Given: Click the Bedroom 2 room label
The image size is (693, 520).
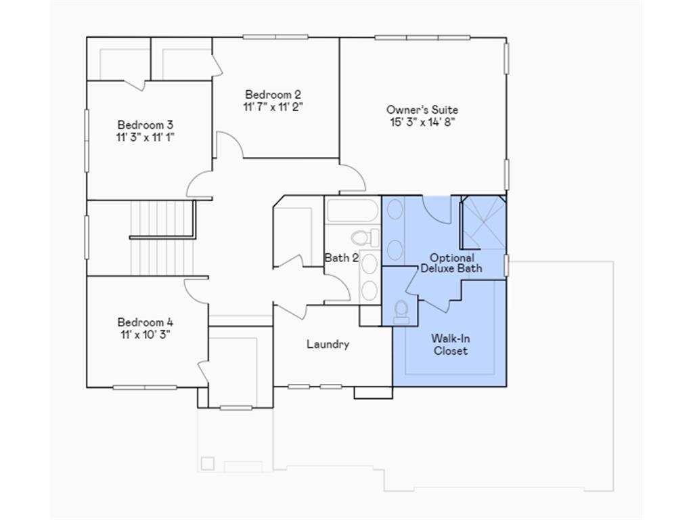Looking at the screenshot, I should (x=273, y=95).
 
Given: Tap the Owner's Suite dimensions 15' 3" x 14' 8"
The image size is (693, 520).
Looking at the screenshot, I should (x=422, y=122).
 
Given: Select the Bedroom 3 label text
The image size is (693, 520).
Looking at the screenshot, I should (x=145, y=125).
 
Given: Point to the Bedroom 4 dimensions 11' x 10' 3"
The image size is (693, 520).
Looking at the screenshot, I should (x=145, y=334).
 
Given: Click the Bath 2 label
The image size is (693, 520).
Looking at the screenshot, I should (x=341, y=257).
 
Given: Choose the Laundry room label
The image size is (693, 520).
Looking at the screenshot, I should (x=328, y=344).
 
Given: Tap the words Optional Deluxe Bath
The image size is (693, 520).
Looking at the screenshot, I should (x=451, y=263).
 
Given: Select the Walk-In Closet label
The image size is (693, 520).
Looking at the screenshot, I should (x=451, y=345).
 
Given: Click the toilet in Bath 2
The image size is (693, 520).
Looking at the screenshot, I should (x=364, y=238).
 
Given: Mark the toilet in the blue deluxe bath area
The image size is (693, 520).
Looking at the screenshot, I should (x=401, y=311).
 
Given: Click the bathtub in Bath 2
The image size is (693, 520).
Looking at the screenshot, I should (x=352, y=211).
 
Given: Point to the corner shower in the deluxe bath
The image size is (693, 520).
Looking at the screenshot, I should (x=483, y=222).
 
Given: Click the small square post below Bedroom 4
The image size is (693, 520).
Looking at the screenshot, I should (x=208, y=464).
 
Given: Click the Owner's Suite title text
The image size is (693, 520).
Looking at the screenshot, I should (x=422, y=110).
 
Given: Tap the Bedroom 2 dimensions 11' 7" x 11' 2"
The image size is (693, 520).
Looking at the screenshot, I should (x=273, y=106).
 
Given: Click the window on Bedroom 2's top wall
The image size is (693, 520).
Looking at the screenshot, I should (x=275, y=37).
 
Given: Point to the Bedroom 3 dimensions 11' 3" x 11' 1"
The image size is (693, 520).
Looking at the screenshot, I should (x=145, y=137).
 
